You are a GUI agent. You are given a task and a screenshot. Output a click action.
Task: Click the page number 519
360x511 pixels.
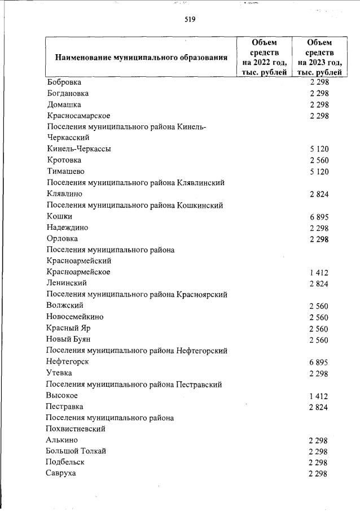pos(190,20)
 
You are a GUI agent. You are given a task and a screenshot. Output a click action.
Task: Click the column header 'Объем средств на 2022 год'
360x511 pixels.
pos(265,57)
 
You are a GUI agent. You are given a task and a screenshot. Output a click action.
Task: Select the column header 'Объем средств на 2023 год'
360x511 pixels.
pos(319,57)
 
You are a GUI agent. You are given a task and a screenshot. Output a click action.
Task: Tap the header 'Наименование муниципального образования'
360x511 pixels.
pos(141,58)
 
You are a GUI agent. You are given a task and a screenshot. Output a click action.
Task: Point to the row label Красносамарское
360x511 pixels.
pos(78,116)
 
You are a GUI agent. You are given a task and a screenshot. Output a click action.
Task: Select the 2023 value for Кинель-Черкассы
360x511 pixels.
pos(319,150)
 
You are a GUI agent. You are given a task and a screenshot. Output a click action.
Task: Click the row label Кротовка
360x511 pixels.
pos(64,160)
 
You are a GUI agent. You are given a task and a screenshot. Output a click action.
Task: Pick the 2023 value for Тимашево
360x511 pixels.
pos(319,172)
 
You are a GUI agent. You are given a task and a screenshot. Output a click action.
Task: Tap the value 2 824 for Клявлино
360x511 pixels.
pos(319,194)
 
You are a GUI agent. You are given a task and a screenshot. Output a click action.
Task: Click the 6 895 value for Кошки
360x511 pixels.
pos(319,217)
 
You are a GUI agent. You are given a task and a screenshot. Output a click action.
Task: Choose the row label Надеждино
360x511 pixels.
pos(68,228)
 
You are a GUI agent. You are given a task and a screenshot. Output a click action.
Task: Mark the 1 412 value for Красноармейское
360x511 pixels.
pos(319,273)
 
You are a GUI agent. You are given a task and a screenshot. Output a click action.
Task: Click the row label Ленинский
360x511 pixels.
pos(67,283)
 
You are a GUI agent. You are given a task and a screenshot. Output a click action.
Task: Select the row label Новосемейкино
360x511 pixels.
pos(75,317)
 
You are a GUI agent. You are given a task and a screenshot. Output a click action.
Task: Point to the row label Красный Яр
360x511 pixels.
pos(69,328)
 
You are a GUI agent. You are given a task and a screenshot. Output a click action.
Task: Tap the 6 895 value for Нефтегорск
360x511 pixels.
pos(319,362)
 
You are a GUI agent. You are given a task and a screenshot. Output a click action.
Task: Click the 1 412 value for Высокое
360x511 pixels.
pos(319,396)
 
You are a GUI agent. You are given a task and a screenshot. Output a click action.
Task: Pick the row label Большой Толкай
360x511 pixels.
pos(76,451)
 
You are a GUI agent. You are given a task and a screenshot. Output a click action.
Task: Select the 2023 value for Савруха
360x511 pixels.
pos(319,474)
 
